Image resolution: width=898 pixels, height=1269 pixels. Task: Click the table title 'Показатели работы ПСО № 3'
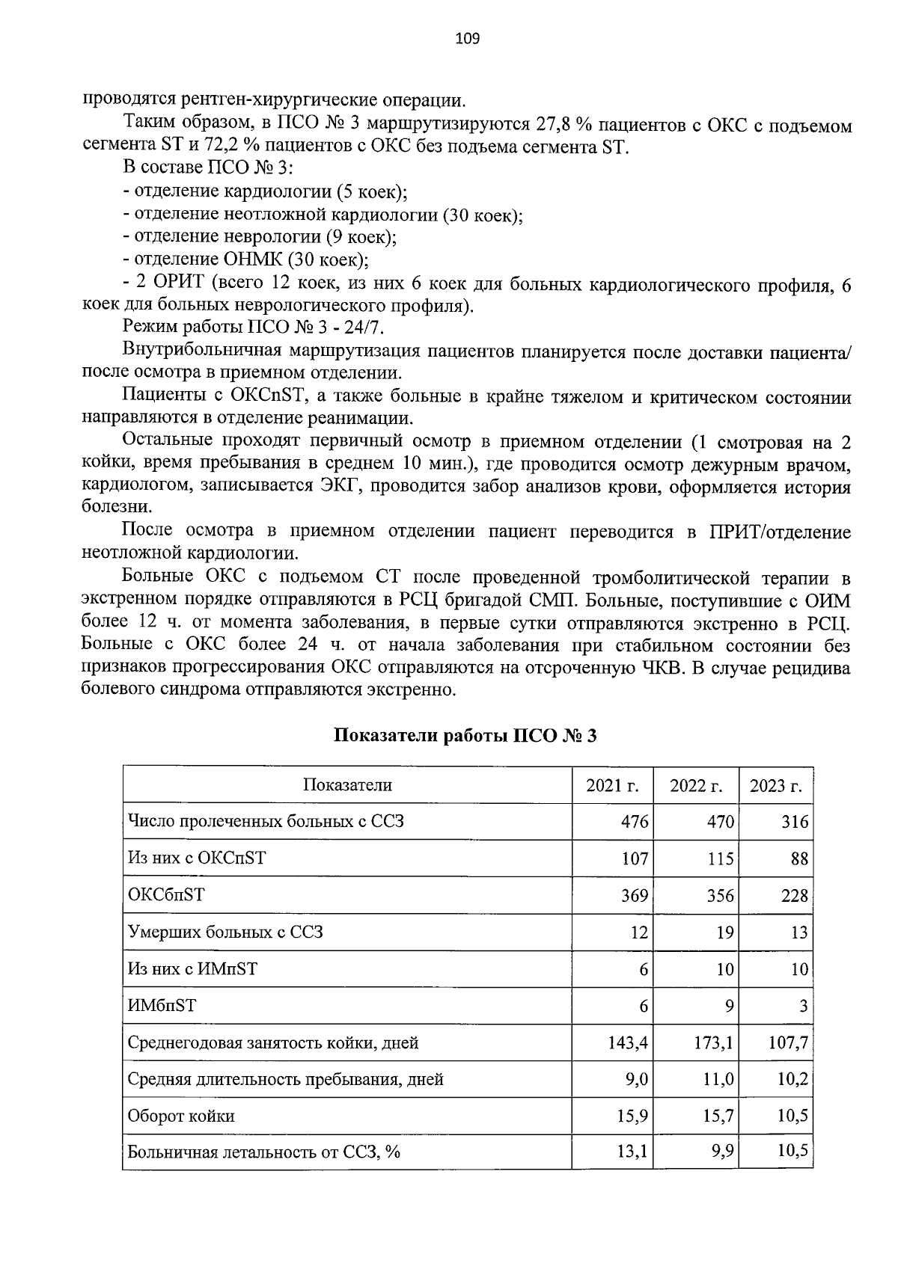click(x=465, y=736)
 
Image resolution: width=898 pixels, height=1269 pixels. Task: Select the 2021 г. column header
click(x=612, y=785)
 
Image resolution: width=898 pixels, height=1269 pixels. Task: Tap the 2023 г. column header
click(x=776, y=785)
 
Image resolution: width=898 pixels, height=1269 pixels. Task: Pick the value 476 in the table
click(x=634, y=822)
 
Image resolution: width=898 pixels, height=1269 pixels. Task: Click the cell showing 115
click(x=720, y=858)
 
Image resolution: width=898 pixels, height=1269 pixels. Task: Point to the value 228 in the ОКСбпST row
click(x=794, y=895)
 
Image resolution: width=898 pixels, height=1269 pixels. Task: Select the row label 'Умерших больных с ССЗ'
click(x=225, y=932)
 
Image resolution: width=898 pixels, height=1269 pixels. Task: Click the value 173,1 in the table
click(x=712, y=1042)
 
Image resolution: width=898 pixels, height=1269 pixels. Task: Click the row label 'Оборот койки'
click(x=181, y=1116)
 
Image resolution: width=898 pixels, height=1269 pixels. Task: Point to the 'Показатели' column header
click(x=347, y=785)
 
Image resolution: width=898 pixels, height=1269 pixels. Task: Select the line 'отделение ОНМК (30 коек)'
click(x=246, y=260)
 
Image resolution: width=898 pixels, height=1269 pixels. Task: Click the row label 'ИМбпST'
click(x=162, y=1006)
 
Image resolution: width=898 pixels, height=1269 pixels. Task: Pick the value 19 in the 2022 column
click(x=725, y=932)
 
